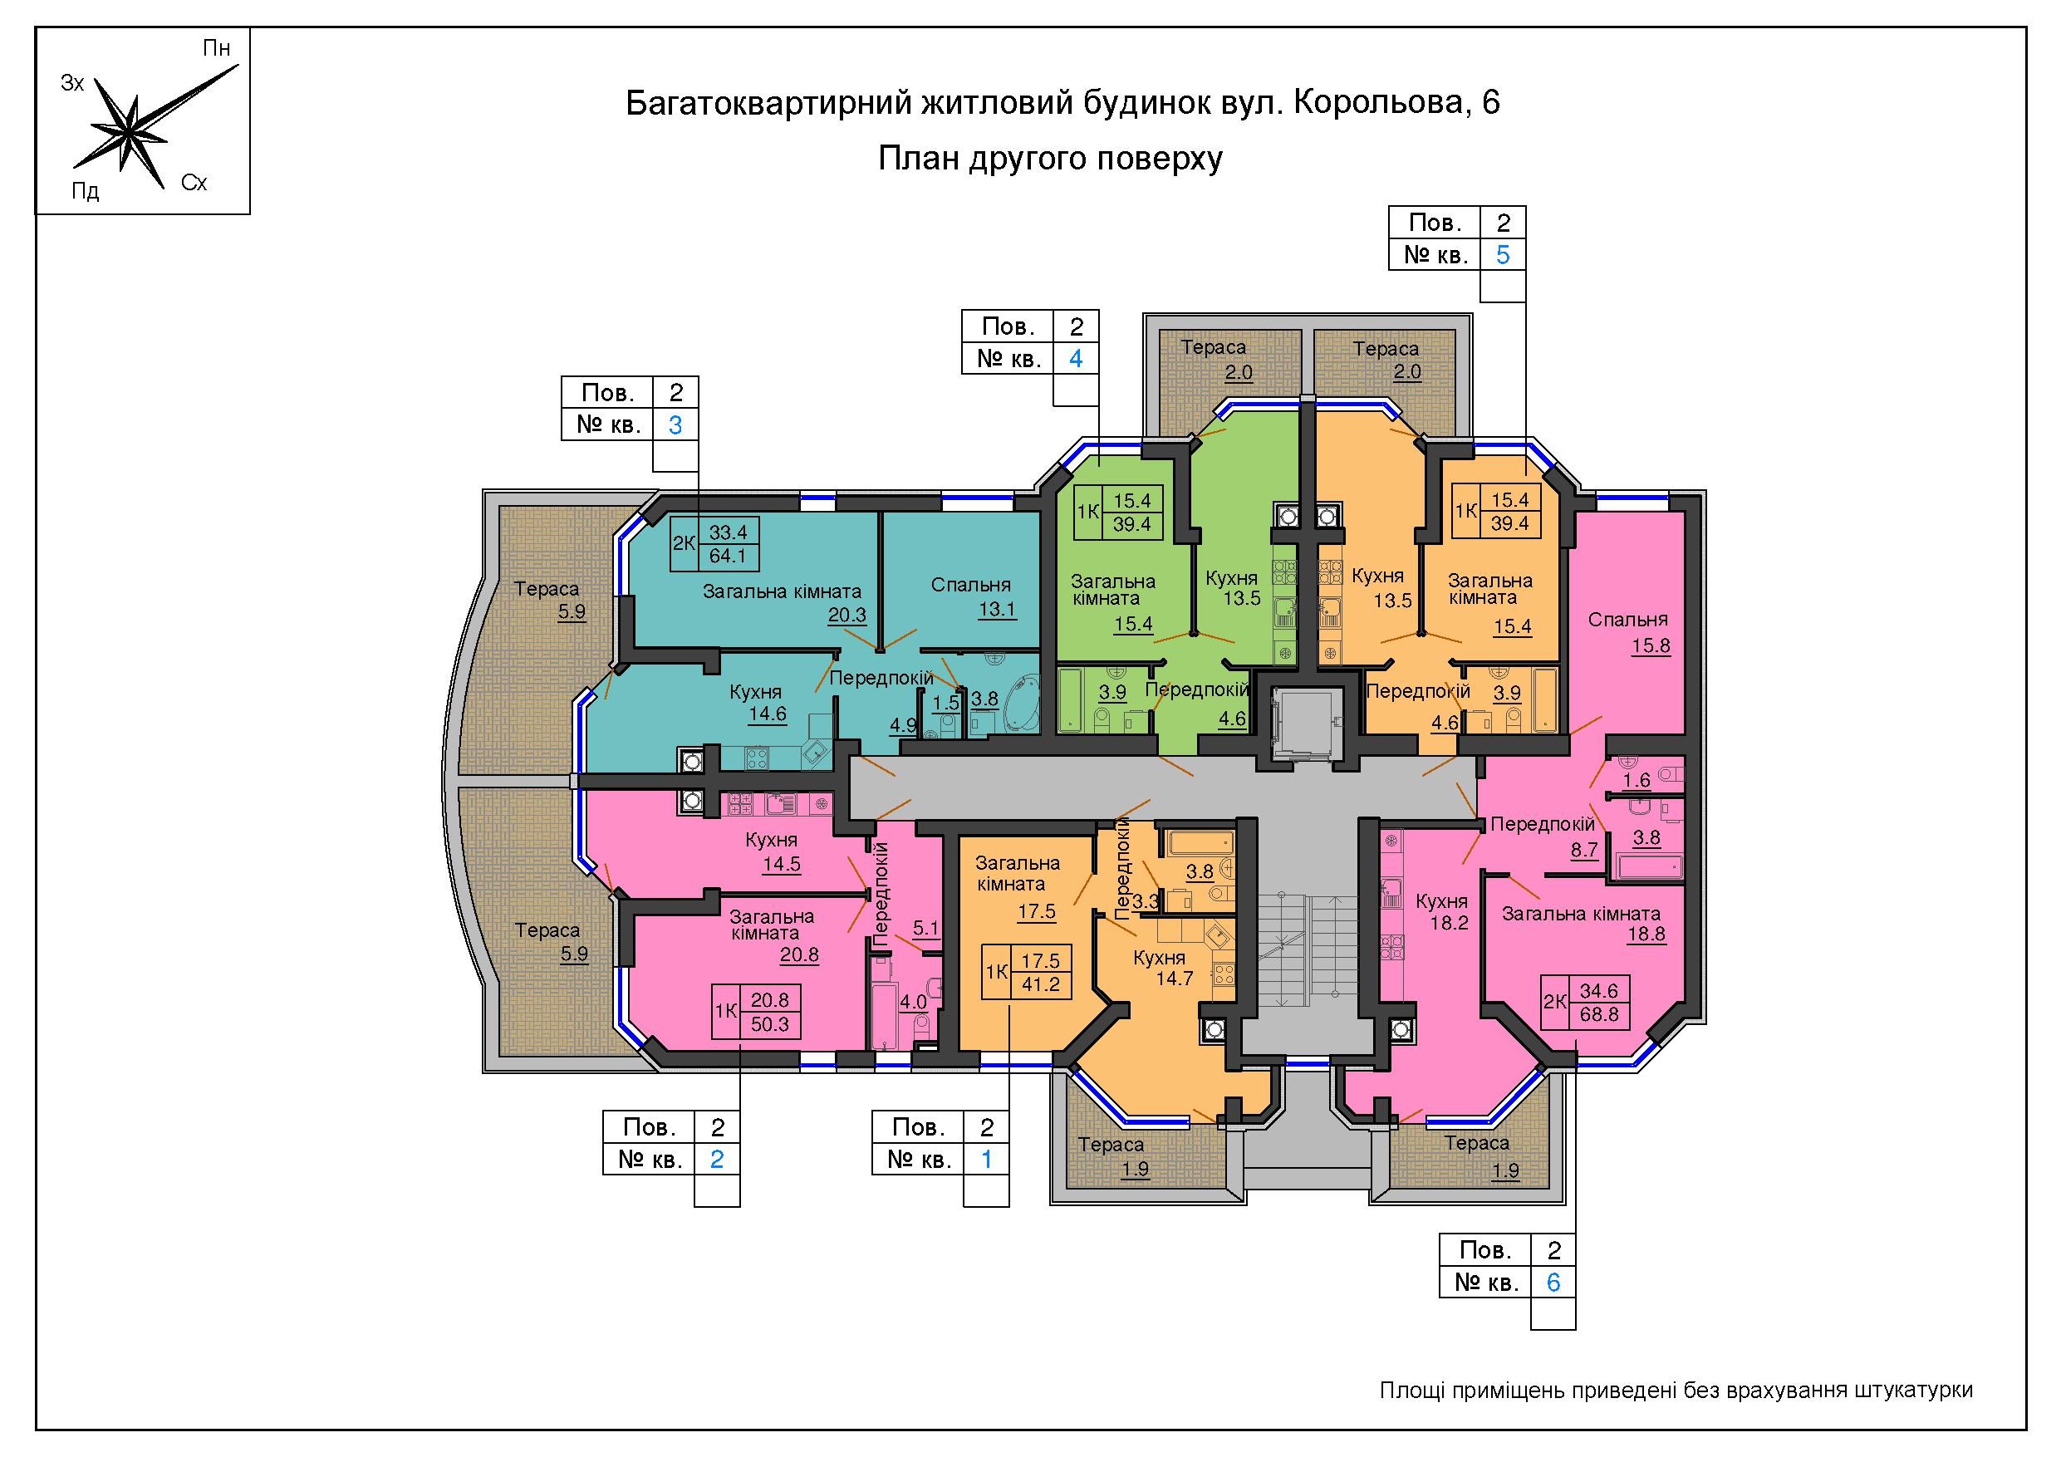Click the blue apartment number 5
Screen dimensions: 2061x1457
click(x=1503, y=255)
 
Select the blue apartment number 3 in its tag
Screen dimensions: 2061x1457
click(x=676, y=424)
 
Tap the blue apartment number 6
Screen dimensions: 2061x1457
click(x=1553, y=1282)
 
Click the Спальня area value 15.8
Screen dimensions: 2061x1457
click(x=1651, y=645)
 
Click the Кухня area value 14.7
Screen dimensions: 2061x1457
click(x=1174, y=978)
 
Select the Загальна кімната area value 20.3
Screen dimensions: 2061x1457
click(x=847, y=615)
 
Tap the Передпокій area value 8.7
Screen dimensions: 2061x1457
click(x=1584, y=848)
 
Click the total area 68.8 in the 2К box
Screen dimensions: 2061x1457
click(x=1599, y=1014)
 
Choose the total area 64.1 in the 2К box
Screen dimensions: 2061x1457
click(x=727, y=556)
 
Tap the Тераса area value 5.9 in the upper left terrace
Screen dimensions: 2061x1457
click(x=572, y=612)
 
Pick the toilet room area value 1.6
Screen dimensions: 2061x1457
click(x=1637, y=780)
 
